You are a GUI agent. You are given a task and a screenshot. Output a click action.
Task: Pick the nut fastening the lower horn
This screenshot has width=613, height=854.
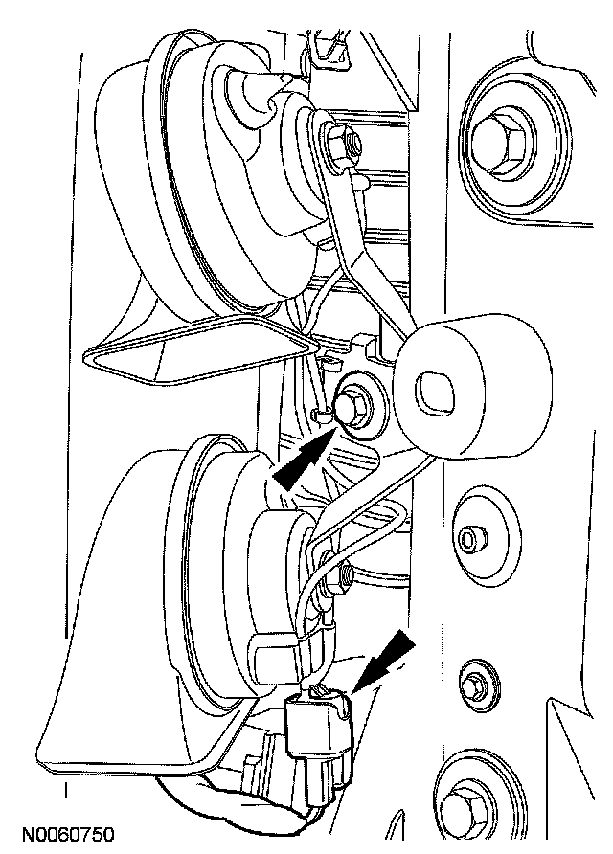click(344, 574)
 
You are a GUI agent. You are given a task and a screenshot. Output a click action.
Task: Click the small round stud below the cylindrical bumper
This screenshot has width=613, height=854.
click(468, 539)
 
